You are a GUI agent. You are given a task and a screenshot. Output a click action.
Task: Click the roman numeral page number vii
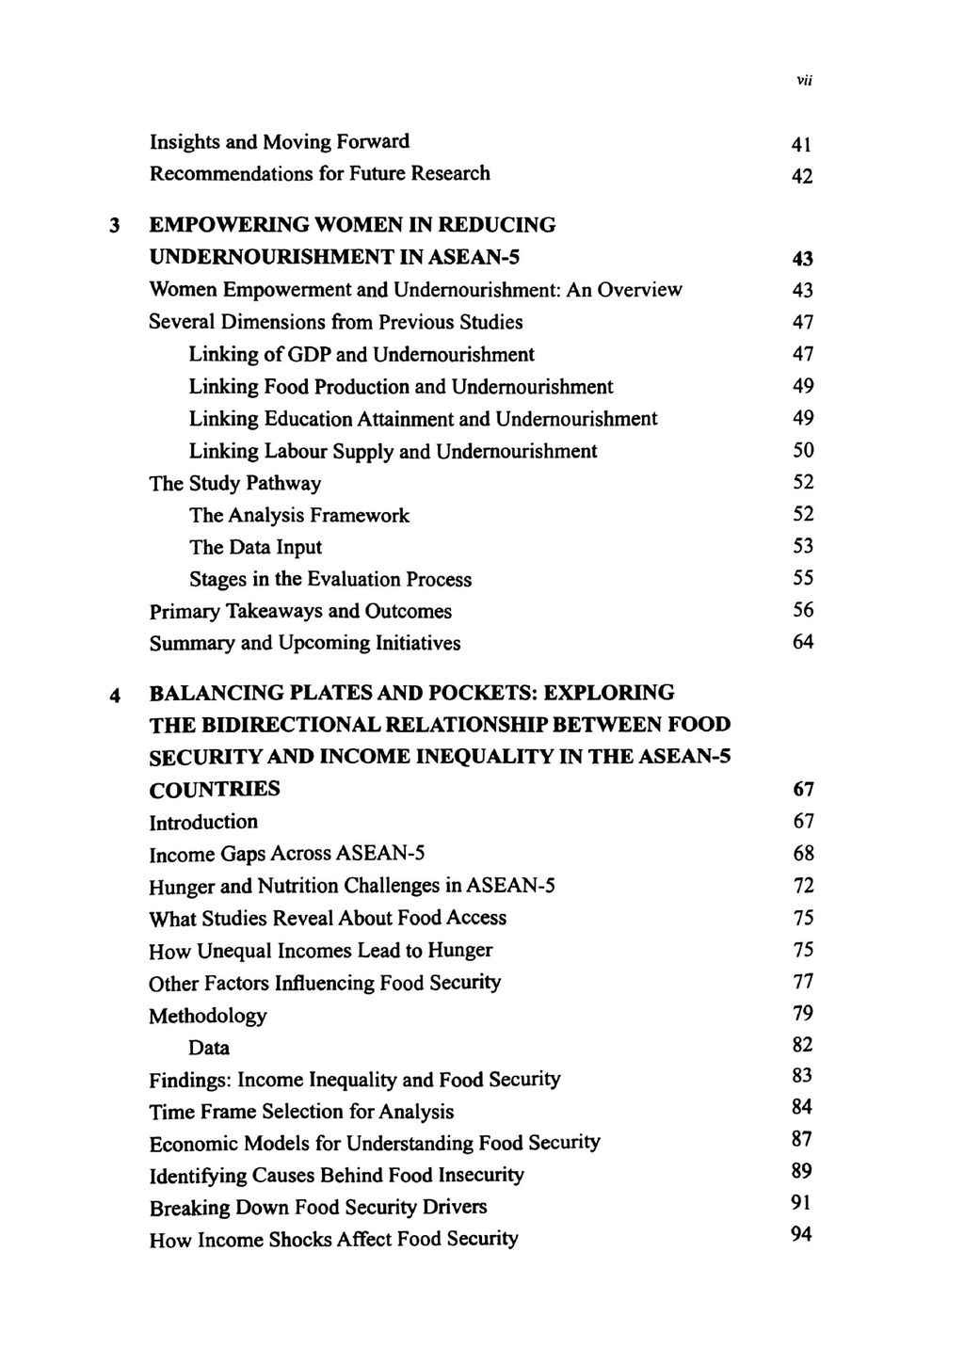click(x=804, y=81)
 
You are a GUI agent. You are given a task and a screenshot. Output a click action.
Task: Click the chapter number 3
click(x=114, y=226)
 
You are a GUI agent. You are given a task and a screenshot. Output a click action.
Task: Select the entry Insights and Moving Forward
click(x=280, y=142)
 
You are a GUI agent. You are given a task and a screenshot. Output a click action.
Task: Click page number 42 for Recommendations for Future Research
click(x=802, y=177)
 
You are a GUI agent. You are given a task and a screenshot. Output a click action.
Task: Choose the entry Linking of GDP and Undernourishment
click(x=361, y=355)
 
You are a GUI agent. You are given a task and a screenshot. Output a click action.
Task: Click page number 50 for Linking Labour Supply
click(x=803, y=451)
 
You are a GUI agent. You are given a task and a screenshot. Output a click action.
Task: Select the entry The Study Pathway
click(x=235, y=484)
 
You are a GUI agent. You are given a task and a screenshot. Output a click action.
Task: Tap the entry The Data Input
click(x=255, y=548)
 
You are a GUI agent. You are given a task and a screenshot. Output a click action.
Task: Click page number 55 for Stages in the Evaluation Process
click(x=803, y=578)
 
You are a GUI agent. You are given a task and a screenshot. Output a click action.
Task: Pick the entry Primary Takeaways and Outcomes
click(x=300, y=612)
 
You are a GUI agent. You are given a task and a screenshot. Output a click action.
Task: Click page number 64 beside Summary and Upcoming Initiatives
click(x=803, y=642)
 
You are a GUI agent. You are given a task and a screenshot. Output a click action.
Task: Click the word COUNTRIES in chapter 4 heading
click(x=215, y=789)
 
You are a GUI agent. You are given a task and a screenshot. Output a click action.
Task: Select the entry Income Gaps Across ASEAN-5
click(x=287, y=854)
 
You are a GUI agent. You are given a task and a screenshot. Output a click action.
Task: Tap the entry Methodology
click(x=208, y=1016)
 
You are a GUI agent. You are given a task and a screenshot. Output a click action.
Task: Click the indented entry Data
click(x=209, y=1048)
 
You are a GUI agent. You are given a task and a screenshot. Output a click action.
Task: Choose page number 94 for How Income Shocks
click(x=802, y=1235)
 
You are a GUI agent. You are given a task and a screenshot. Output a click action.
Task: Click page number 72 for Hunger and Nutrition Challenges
click(x=803, y=886)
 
